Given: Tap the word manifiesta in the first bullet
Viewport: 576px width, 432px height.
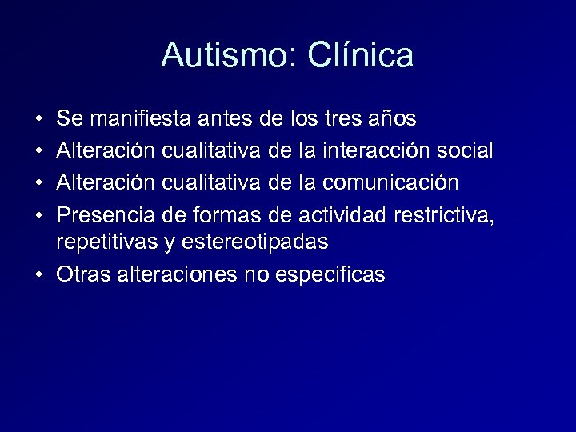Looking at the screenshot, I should coord(140,119).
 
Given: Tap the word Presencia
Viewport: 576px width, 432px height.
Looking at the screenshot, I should coord(106,214).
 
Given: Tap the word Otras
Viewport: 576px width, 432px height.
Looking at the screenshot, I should coord(84,274).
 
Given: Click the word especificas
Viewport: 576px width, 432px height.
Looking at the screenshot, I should coord(330,275).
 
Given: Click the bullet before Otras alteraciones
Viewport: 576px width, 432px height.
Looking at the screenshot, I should coord(39,274).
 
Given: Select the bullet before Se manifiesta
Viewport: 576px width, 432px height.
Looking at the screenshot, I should coord(39,119).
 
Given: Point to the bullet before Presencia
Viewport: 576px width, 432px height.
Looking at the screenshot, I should coord(39,214).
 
